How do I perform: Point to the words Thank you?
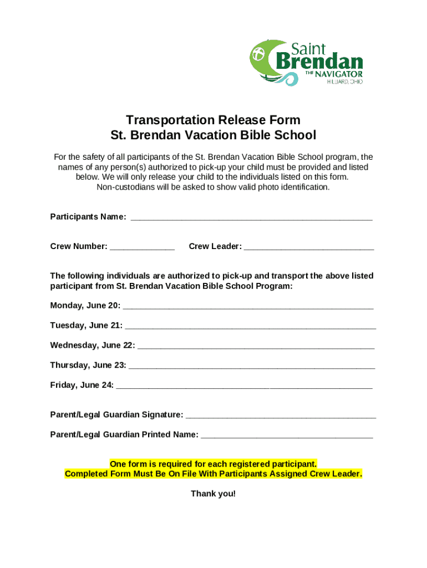[213, 494]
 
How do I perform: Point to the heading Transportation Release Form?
[213, 120]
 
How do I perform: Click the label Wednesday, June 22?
[92, 345]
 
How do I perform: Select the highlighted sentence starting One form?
[213, 464]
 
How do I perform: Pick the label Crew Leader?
[215, 246]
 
